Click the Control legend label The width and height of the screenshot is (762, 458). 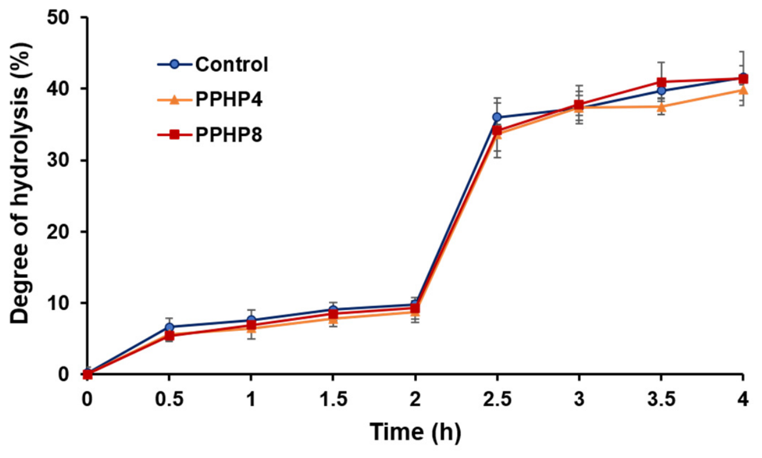pos(232,64)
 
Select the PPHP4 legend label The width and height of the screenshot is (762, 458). pos(229,100)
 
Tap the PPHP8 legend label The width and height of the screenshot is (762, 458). pos(229,135)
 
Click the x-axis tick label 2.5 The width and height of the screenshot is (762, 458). pos(497,399)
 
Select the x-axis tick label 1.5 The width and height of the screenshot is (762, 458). pos(333,399)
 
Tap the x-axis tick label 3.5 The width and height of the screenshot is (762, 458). pos(661,399)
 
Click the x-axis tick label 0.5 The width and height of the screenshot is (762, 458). pos(169,399)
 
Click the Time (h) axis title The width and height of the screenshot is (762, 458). pos(415,432)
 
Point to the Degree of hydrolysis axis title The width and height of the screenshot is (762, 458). pos(20,183)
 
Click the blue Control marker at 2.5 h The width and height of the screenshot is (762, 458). pos(497,117)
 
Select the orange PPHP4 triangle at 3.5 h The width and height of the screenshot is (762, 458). pos(661,107)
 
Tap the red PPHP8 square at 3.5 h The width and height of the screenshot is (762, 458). pos(661,82)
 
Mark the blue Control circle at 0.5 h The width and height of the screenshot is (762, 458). pos(169,327)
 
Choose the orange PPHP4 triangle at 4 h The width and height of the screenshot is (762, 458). pos(743,90)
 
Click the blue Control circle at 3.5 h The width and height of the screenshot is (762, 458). pos(661,91)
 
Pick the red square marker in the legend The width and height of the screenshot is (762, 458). pos(175,135)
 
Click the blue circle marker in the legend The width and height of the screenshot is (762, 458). pos(175,64)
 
